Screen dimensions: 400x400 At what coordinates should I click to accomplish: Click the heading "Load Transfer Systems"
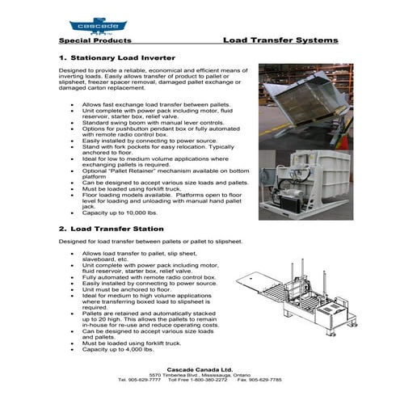[x=280, y=40]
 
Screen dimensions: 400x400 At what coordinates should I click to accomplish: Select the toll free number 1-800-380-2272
[x=205, y=379]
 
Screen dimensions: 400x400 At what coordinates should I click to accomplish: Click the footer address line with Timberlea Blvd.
[x=200, y=373]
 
